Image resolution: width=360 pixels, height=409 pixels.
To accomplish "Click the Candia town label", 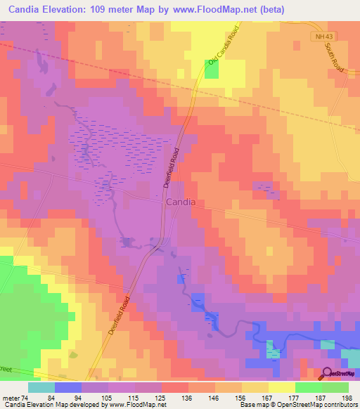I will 181,202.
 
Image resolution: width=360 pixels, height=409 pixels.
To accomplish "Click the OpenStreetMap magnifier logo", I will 327,374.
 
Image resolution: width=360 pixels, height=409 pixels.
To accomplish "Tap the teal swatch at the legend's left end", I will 41,387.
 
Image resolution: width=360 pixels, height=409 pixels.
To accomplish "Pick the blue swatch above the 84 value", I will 67,387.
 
